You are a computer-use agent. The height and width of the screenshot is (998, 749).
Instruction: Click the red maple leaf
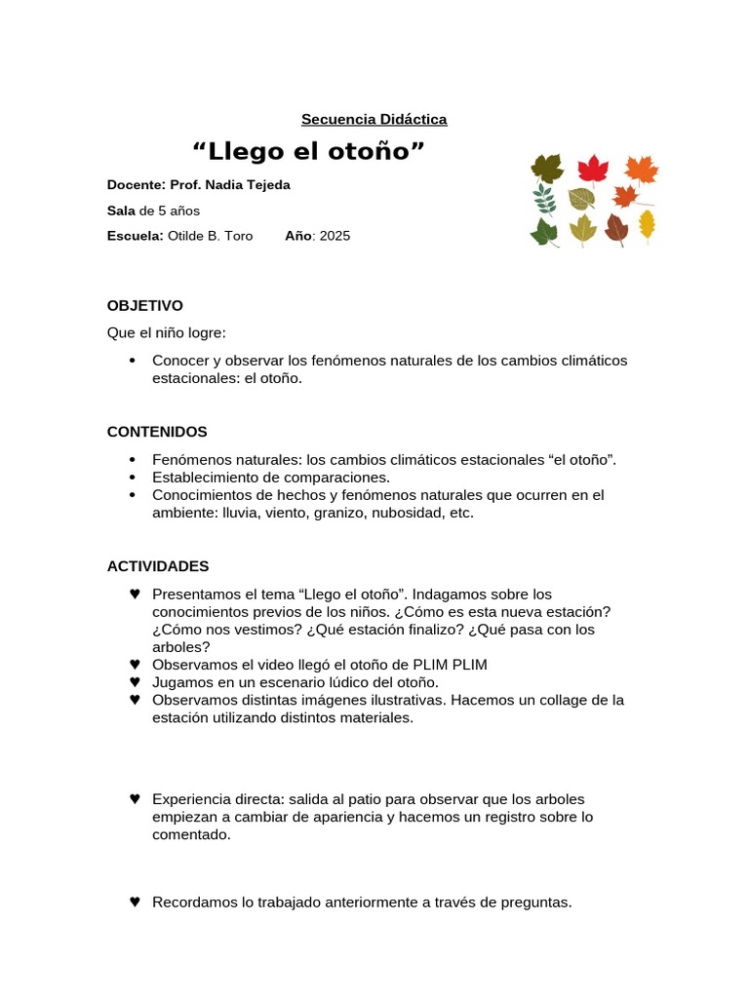(593, 169)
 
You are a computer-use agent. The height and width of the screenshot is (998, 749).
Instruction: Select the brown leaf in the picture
(616, 229)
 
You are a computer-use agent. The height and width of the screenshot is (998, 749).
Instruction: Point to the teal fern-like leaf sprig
(544, 199)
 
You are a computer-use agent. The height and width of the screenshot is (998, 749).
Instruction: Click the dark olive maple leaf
(547, 168)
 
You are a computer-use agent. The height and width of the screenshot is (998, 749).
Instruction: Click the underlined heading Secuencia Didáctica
(374, 119)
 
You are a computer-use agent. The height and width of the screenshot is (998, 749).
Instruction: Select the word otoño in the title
(374, 152)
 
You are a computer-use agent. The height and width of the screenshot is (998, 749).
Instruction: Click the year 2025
(335, 236)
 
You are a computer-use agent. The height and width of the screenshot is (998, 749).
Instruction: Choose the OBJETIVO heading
(144, 306)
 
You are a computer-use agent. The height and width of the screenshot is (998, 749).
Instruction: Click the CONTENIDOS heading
(157, 432)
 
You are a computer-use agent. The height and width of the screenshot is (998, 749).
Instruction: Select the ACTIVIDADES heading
(158, 566)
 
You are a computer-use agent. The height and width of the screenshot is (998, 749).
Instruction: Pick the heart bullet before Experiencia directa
(135, 799)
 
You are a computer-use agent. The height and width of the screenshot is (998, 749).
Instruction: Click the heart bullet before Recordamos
(135, 902)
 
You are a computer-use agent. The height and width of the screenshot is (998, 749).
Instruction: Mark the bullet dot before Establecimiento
(133, 478)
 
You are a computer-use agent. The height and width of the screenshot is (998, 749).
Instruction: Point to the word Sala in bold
(122, 211)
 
